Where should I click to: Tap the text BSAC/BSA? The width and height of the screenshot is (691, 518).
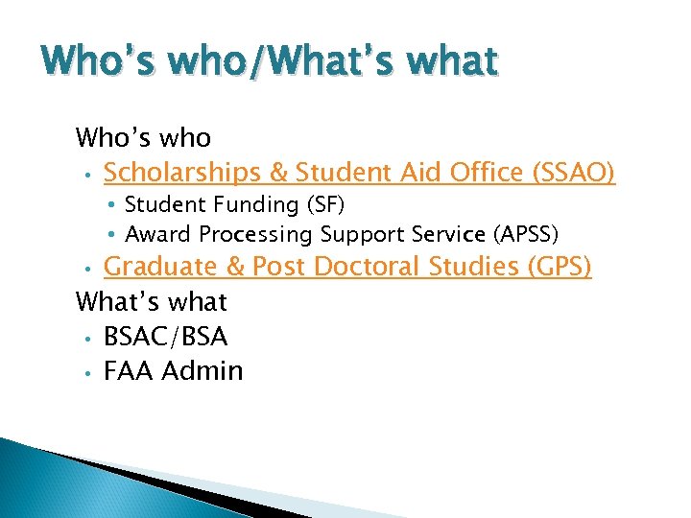coord(166,336)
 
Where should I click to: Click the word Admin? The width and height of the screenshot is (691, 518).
coord(203,370)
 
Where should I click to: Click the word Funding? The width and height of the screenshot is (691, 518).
coord(255,204)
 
